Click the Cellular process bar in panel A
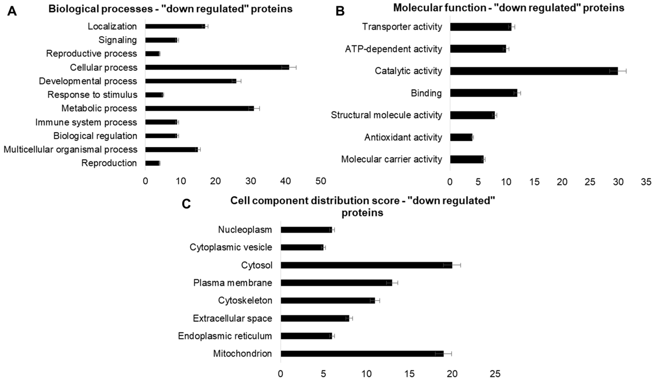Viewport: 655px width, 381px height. click(x=217, y=67)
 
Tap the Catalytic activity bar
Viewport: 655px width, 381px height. click(x=534, y=71)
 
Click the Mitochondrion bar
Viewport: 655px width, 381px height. click(x=362, y=354)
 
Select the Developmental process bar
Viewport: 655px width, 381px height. click(x=190, y=81)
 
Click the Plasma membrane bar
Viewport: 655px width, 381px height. click(x=336, y=283)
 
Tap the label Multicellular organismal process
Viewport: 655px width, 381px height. click(x=70, y=149)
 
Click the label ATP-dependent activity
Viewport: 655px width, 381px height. click(x=393, y=49)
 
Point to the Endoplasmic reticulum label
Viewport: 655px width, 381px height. click(x=225, y=336)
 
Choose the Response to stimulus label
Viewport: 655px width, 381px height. click(x=92, y=95)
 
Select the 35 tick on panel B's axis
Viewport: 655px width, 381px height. click(x=646, y=182)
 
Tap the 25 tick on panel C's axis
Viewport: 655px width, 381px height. click(x=495, y=374)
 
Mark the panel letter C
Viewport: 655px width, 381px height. click(x=186, y=204)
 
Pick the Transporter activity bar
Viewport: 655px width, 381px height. click(x=481, y=27)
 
